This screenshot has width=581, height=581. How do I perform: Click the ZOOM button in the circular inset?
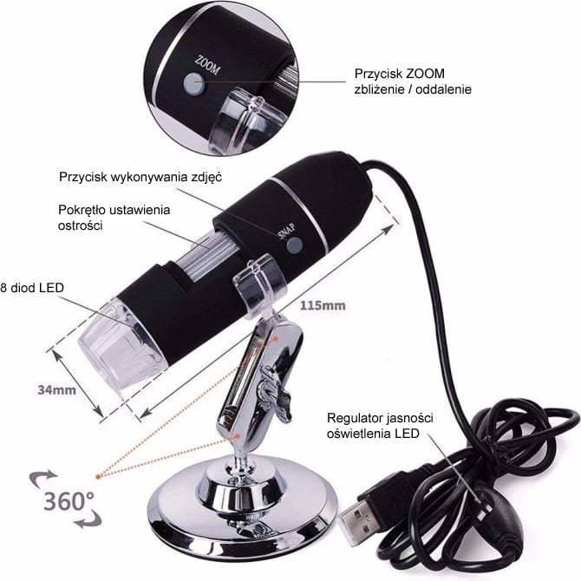tap(194, 82)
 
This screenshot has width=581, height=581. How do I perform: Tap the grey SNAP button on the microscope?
tap(295, 245)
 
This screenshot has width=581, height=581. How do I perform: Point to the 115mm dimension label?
tap(323, 306)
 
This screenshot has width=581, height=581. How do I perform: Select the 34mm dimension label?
tap(56, 390)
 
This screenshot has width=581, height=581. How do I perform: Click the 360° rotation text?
tap(69, 501)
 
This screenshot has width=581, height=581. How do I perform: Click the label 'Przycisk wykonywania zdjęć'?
tap(140, 177)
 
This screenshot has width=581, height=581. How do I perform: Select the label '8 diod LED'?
tap(32, 288)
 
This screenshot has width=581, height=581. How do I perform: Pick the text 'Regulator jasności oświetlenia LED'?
tap(380, 426)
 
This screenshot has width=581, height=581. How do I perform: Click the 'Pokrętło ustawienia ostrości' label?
tap(114, 218)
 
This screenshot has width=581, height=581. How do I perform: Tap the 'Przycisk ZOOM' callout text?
tap(413, 82)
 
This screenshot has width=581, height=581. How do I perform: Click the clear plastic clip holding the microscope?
tap(260, 288)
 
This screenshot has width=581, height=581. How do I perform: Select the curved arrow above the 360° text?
tap(42, 478)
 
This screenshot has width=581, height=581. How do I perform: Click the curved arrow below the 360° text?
tap(88, 520)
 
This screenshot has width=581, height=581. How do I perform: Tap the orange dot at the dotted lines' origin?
tap(98, 477)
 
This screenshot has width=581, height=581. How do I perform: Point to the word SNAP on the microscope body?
tap(286, 232)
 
